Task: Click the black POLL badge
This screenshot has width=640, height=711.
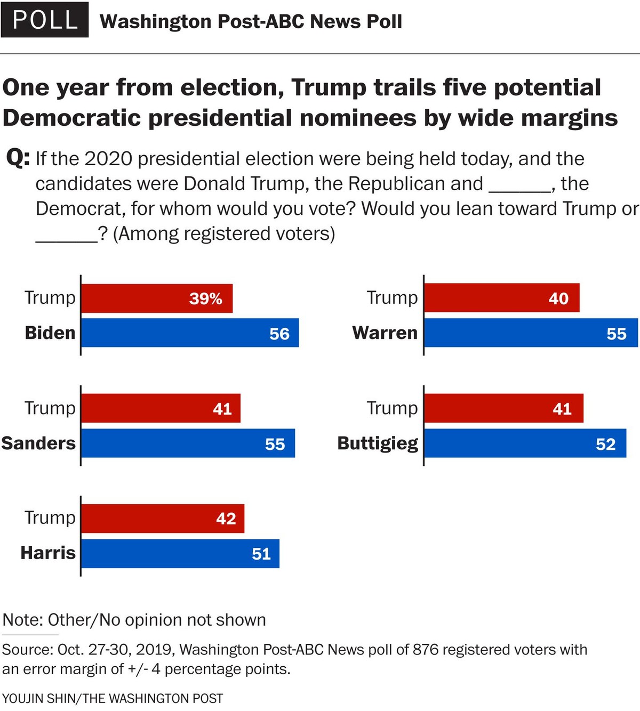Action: tap(45, 20)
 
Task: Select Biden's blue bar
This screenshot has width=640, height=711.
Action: tap(189, 333)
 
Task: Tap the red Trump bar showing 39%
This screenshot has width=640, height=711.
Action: tap(156, 298)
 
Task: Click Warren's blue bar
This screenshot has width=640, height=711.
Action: tap(531, 333)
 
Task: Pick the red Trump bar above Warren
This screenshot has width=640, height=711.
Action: tap(501, 298)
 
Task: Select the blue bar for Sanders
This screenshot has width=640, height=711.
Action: tap(188, 443)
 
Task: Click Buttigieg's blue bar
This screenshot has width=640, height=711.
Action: tap(525, 443)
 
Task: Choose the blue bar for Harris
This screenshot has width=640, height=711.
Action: tap(180, 554)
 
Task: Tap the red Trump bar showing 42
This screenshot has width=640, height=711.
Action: tap(162, 519)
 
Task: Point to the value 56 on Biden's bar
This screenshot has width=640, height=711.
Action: tap(279, 334)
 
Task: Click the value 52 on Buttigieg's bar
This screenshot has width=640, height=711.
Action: tap(606, 444)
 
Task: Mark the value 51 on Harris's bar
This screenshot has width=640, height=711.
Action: tap(261, 554)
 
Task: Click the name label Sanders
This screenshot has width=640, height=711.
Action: tap(38, 443)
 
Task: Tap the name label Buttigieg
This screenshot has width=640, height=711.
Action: tap(378, 443)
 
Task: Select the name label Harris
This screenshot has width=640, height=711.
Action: tap(48, 553)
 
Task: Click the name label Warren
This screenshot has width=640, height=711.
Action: tap(385, 333)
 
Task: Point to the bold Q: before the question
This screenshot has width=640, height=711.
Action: tap(18, 158)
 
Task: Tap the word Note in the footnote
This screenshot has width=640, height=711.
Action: tap(23, 620)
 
